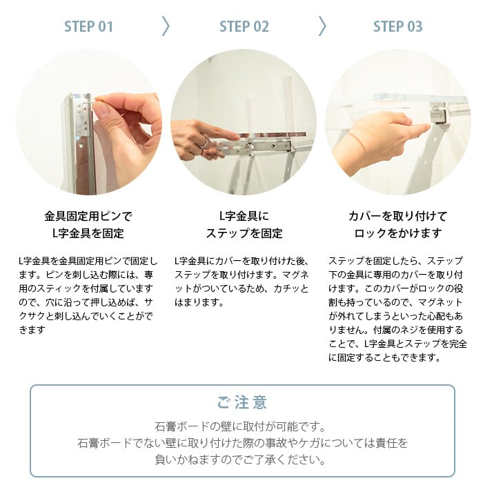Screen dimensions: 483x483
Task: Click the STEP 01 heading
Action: tap(89, 26)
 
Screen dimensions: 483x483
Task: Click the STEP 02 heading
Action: tap(244, 26)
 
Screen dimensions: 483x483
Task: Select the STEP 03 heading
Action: tap(397, 26)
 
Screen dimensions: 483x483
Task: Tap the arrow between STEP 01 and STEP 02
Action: tap(166, 26)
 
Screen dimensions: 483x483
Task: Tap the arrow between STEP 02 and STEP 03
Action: tap(322, 26)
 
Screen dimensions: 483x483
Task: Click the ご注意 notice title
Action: tap(241, 403)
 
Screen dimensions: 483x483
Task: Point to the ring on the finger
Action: tap(204, 144)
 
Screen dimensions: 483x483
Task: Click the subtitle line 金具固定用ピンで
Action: tap(88, 216)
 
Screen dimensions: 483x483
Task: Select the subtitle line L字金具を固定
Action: tap(88, 233)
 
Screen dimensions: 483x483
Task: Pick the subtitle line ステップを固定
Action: tap(244, 233)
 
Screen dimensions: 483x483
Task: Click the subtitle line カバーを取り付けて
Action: tap(397, 216)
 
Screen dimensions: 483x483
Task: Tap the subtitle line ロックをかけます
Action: tap(397, 233)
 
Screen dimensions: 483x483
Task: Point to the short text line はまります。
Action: tap(199, 302)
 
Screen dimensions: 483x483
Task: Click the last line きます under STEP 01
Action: tap(32, 330)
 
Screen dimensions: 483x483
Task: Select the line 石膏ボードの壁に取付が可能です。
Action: tap(241, 426)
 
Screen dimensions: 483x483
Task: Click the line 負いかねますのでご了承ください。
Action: tap(241, 460)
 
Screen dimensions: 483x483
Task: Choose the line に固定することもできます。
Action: tap(384, 357)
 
